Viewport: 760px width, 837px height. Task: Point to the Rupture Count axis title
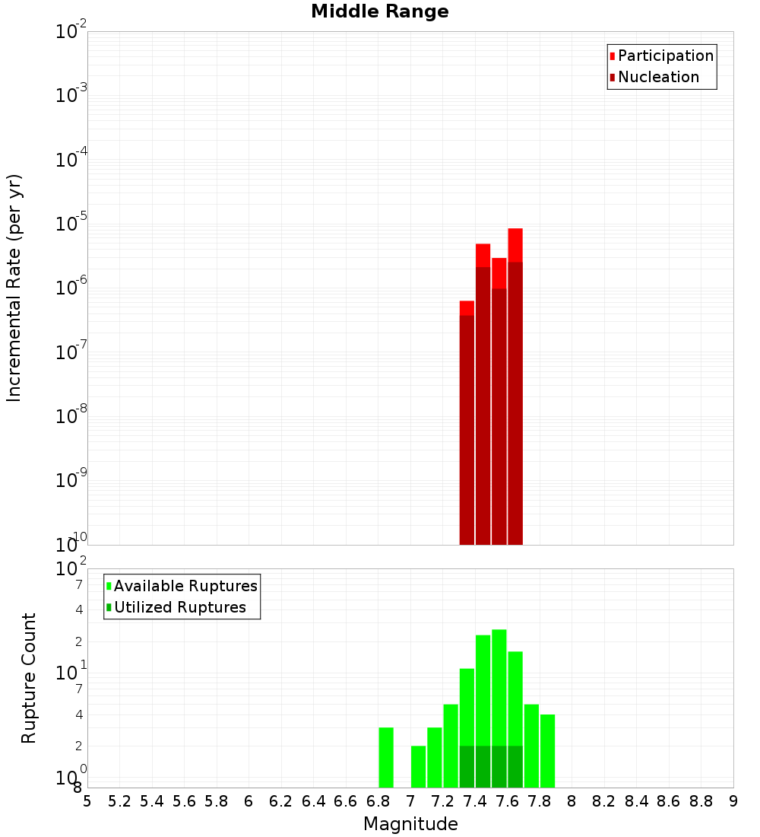pos(29,678)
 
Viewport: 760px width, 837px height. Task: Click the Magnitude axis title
pos(410,824)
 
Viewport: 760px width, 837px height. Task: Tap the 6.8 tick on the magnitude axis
pos(378,801)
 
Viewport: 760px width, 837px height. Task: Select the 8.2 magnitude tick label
pos(604,801)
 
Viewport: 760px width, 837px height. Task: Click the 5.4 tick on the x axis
pos(152,801)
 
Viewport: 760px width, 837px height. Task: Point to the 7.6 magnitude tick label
pos(507,801)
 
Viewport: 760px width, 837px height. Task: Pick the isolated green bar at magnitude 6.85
pos(386,757)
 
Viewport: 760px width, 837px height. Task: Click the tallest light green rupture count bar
pos(499,685)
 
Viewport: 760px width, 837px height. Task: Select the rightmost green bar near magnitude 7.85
pos(547,750)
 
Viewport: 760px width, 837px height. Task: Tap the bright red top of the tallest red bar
pos(515,244)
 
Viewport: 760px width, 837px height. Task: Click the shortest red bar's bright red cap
pos(467,307)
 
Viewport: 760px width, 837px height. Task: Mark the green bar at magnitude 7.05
pos(418,766)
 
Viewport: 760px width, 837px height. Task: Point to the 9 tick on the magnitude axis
pos(733,801)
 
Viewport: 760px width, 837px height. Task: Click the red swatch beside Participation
pos(612,56)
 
